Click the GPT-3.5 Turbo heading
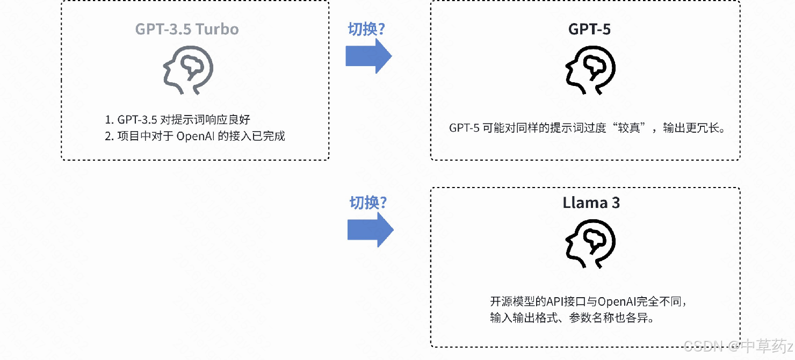pos(187,28)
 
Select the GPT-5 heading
pos(589,28)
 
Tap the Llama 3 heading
pos(591,203)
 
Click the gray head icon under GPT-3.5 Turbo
pos(188,70)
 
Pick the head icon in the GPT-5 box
pos(590,70)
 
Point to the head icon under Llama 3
pos(590,244)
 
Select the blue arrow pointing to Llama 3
pos(371,230)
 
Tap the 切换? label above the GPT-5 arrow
pos(366,29)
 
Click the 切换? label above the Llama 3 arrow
pos(368,203)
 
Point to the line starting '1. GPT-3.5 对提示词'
pos(177,119)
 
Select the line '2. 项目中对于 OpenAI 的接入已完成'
pos(194,136)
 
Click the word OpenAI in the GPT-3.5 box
pos(196,136)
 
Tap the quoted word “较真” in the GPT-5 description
pos(632,128)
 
